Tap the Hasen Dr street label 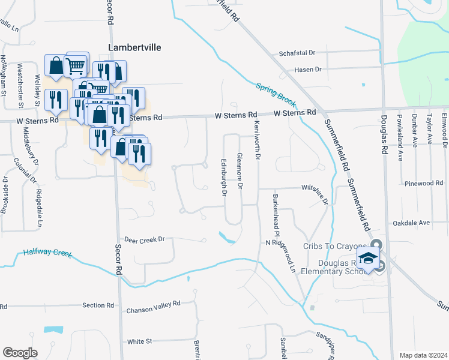tap(308, 70)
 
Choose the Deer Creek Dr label tap(144, 239)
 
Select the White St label tap(140, 341)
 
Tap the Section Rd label tap(94, 305)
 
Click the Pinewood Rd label tap(423, 183)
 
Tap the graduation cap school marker tap(368, 260)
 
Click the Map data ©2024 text tap(423, 355)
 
